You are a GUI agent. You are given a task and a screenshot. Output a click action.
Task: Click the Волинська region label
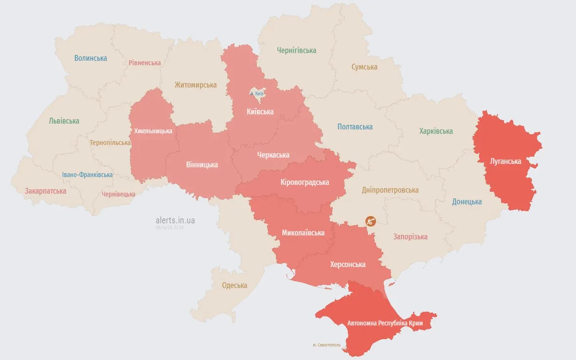click(x=90, y=58)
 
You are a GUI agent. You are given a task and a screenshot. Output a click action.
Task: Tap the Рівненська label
click(x=144, y=63)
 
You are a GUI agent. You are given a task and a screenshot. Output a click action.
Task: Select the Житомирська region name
click(x=196, y=85)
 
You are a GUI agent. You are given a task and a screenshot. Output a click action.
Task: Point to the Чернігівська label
click(x=296, y=51)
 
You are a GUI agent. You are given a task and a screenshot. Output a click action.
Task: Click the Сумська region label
click(x=364, y=67)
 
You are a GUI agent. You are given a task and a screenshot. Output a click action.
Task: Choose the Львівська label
click(x=64, y=121)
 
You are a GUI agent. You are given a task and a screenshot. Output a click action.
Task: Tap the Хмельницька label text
click(x=153, y=131)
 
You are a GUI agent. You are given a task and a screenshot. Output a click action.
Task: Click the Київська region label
click(x=260, y=112)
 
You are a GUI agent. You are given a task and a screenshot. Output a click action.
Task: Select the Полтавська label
click(x=355, y=127)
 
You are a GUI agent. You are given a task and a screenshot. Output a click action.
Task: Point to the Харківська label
click(x=436, y=131)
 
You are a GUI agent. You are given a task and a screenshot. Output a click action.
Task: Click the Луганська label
click(x=505, y=162)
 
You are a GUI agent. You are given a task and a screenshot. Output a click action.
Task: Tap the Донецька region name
click(x=467, y=202)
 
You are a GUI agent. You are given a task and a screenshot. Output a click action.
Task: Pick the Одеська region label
click(x=234, y=286)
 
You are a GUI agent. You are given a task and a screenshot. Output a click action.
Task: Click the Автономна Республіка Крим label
click(x=385, y=324)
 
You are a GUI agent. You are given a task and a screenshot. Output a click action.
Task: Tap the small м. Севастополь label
click(x=330, y=345)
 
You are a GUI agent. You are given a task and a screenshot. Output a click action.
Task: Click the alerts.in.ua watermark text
click(x=175, y=220)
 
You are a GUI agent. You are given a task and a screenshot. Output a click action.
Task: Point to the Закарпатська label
click(x=45, y=191)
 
